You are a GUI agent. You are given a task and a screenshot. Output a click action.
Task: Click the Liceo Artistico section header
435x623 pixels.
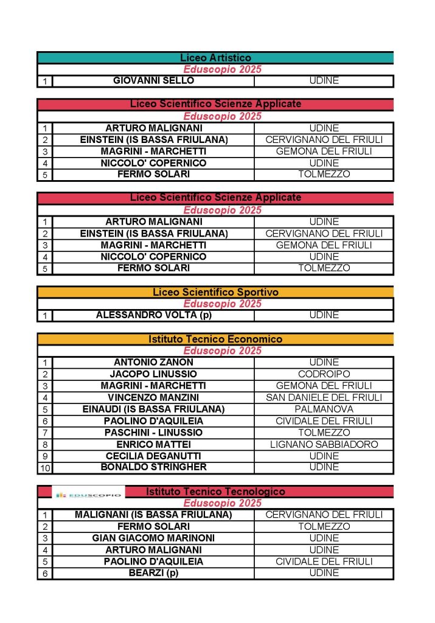pos(215,58)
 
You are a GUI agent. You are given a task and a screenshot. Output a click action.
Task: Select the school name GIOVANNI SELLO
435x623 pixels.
pos(153,80)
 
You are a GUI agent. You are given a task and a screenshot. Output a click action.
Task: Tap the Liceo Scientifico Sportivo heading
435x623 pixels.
pos(215,292)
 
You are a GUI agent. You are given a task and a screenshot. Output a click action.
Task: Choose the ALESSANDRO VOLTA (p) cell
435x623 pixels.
pos(153,315)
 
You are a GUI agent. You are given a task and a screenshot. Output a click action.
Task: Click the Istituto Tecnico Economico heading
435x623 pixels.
pos(215,339)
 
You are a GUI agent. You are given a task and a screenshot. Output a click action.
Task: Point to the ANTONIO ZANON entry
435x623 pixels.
pos(153,362)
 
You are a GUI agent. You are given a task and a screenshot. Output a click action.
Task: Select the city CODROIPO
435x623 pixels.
pos(324,374)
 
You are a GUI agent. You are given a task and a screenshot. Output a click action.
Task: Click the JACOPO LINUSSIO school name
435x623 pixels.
pos(153,374)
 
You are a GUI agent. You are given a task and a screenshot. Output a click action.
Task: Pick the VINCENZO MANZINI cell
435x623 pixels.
pos(153,397)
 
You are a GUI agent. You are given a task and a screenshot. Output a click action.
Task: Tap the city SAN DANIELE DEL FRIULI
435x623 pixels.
pos(324,397)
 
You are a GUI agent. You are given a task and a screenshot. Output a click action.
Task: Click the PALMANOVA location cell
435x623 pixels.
pos(324,409)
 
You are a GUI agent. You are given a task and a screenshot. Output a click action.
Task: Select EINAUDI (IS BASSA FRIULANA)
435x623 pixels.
pos(153,409)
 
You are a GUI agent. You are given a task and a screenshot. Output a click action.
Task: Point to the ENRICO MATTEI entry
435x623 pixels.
pos(153,444)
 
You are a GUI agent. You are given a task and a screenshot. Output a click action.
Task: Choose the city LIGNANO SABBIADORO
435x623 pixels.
pos(324,444)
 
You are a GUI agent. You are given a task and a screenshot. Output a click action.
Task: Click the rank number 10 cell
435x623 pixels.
pos(45,468)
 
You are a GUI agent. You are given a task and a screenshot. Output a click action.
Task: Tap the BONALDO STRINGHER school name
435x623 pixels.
pos(153,467)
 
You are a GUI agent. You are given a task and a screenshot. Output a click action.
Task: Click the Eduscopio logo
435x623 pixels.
pos(88,495)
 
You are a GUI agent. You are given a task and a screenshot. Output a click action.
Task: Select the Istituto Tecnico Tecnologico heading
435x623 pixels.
pos(215,491)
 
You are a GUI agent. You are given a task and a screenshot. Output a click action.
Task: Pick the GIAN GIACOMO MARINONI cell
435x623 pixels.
pos(153,538)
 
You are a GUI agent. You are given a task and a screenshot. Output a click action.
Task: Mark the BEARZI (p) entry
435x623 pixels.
pos(153,573)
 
